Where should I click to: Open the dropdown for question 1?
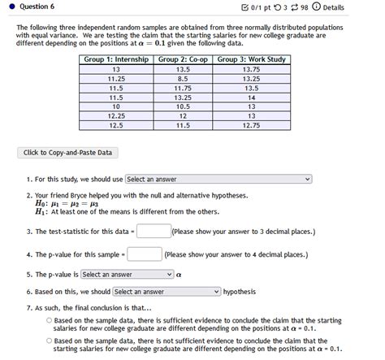[218, 179]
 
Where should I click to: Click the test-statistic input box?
[153, 231]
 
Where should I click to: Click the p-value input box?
[145, 254]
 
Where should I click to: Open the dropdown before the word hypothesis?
[167, 291]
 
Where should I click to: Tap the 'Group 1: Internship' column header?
[116, 59]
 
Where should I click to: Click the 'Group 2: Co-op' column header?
[183, 59]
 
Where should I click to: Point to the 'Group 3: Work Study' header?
[251, 59]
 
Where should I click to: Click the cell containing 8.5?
[183, 78]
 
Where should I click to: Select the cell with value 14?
[251, 97]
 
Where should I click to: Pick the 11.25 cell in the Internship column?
[116, 78]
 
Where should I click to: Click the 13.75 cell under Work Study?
[251, 69]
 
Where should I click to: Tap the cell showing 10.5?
[183, 106]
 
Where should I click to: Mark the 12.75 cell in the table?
[251, 125]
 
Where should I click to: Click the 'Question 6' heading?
[37, 7]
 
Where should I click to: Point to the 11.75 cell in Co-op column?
[183, 88]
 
